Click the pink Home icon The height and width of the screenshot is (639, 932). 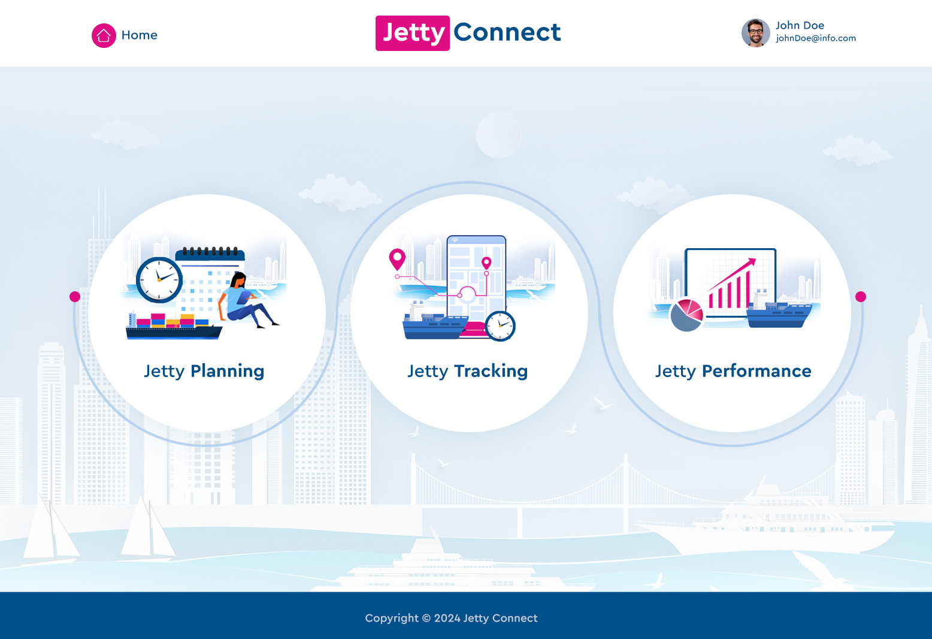pos(104,35)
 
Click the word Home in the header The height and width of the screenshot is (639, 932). pos(139,35)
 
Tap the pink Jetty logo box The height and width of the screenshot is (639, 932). pos(413,33)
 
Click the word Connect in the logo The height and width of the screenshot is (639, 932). pos(507,32)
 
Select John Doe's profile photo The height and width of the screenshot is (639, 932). pos(755,33)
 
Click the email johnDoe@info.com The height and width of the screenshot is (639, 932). pos(815,38)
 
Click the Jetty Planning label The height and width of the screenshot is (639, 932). pos(204,371)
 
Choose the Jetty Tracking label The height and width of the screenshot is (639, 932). pos(467,371)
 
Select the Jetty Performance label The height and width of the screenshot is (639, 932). pos(733,371)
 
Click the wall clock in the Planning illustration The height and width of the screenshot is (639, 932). pos(159,279)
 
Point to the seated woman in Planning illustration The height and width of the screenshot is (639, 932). pos(244,300)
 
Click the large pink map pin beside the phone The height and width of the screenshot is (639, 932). pos(397,259)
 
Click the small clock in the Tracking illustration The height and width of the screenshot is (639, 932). pos(500,326)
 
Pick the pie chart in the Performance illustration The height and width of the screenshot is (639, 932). pos(686,315)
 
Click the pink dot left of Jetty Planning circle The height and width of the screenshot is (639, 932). pos(75,297)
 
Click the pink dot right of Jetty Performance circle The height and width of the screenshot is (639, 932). pos(861,297)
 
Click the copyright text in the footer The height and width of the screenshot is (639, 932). pos(451,618)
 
